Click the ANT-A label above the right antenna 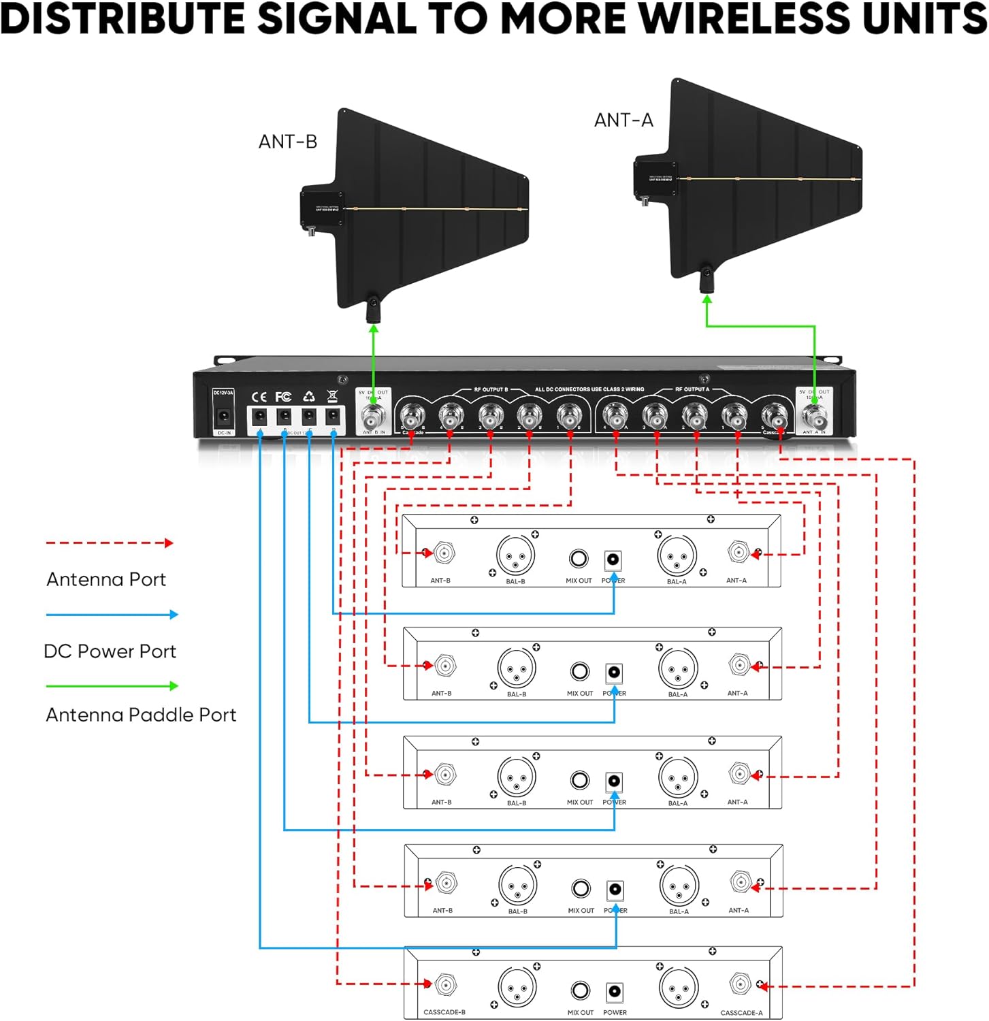point(623,120)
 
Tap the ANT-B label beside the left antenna point(287,142)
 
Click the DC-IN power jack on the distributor point(223,416)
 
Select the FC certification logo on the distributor point(283,397)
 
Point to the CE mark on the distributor point(259,397)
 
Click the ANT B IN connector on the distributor point(373,416)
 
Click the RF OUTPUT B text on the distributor point(491,389)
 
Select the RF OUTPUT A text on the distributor point(692,389)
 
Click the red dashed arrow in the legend point(110,543)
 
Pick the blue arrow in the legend point(112,615)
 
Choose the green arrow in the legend point(112,686)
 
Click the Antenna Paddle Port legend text point(141,715)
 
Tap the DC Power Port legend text point(110,651)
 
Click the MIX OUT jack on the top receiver point(579,559)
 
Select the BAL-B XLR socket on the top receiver point(515,555)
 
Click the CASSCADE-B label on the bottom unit point(444,1012)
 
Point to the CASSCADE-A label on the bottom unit point(741,1013)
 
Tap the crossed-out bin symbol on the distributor point(332,396)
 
